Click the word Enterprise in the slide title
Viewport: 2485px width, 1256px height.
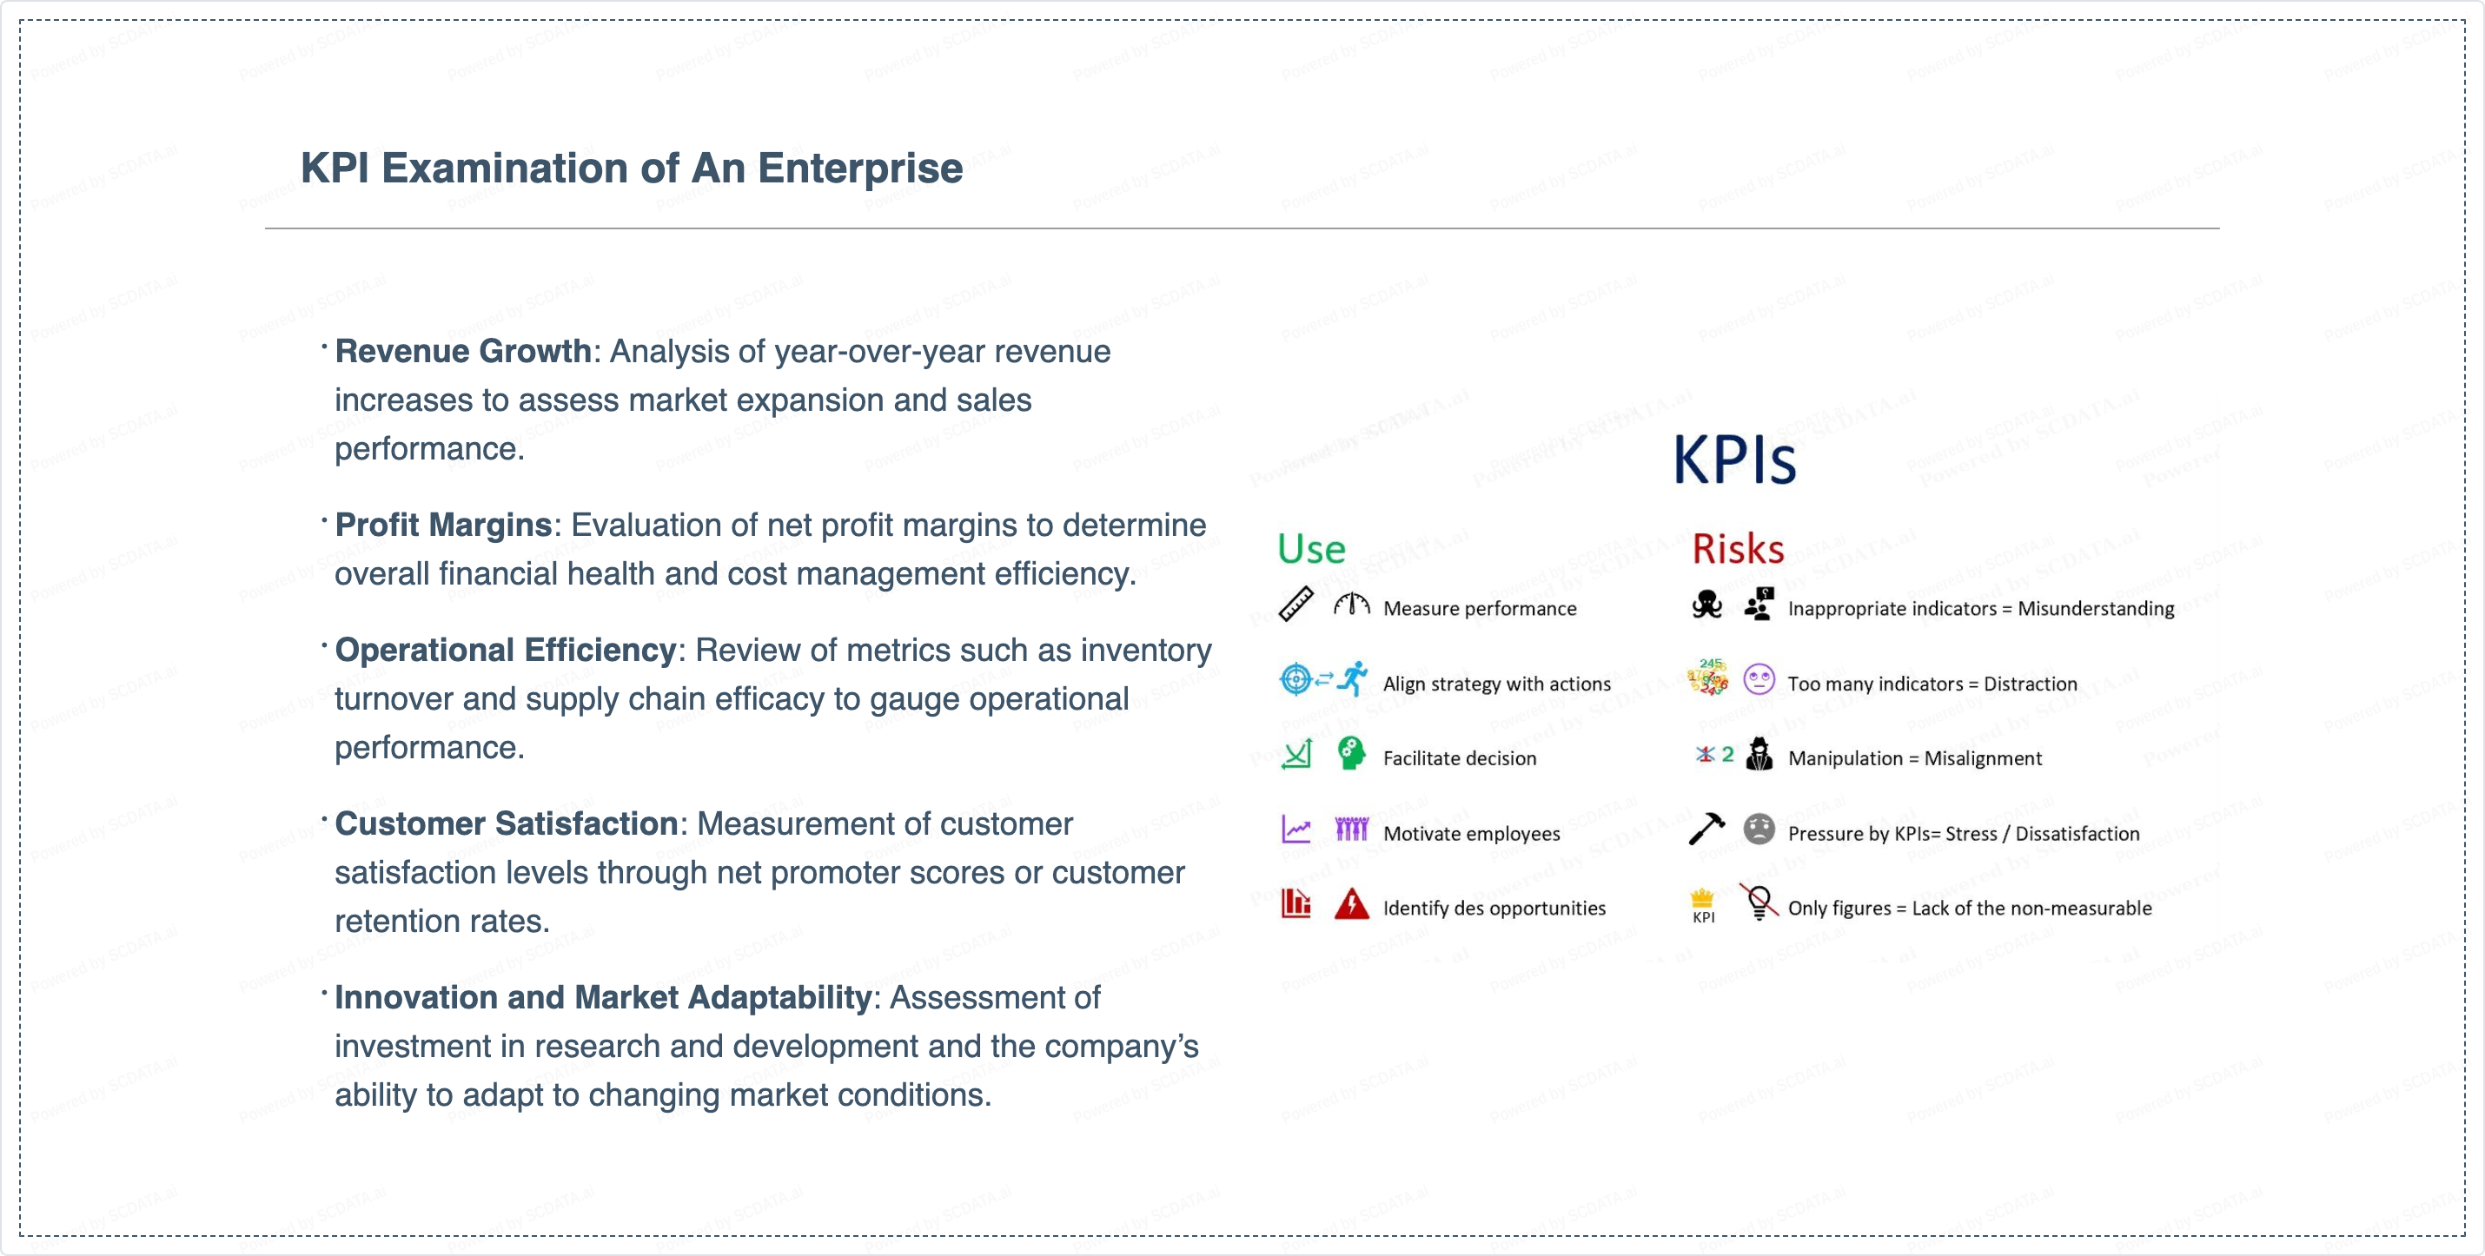point(859,169)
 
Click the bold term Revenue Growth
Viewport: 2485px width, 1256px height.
point(462,351)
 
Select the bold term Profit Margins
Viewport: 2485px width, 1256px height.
point(443,525)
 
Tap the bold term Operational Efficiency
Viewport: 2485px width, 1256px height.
point(505,651)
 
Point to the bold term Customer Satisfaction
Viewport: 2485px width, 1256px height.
point(506,823)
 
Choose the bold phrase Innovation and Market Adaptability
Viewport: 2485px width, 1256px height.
point(603,997)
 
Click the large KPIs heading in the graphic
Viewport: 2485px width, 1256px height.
point(1733,460)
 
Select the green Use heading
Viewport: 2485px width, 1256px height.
point(1311,549)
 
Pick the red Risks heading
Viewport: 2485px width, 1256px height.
point(1738,549)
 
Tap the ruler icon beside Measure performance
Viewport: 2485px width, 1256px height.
point(1296,605)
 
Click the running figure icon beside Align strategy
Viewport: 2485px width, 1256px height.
point(1354,679)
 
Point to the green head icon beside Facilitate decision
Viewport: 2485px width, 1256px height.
point(1351,753)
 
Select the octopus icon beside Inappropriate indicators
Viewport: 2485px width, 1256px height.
point(1706,605)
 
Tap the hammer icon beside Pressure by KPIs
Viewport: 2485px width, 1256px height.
point(1706,829)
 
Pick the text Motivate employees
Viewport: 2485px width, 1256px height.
point(1471,834)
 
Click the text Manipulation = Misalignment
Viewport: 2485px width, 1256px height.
point(1914,758)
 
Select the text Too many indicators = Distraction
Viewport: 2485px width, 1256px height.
point(1932,684)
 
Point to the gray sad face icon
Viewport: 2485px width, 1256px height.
point(1759,829)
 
